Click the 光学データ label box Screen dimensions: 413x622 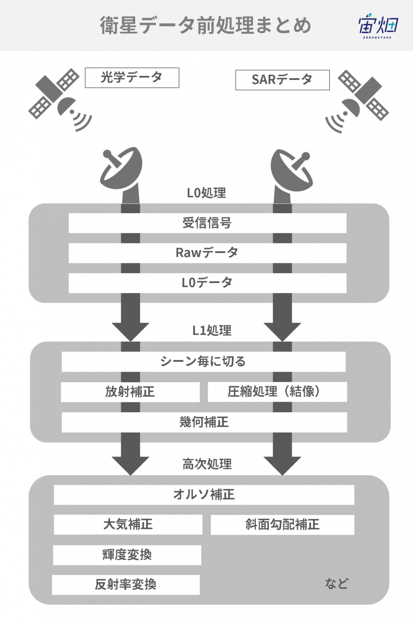132,78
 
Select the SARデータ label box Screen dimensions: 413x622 282,80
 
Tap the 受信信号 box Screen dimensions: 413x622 207,223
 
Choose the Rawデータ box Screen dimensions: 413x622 207,253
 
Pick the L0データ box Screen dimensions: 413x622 207,283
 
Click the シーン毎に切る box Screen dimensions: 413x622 204,361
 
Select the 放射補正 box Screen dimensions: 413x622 130,392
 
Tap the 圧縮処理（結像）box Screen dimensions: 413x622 277,392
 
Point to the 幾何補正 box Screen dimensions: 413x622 204,422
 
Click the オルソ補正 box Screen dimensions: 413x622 204,495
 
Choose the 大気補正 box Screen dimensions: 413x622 128,525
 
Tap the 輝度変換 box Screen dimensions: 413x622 127,555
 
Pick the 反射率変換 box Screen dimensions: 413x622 126,585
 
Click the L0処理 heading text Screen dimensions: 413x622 207,193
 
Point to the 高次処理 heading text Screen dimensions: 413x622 207,464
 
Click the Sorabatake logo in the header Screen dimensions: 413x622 378,25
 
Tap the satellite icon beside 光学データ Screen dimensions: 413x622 60,100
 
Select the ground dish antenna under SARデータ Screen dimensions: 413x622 291,176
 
